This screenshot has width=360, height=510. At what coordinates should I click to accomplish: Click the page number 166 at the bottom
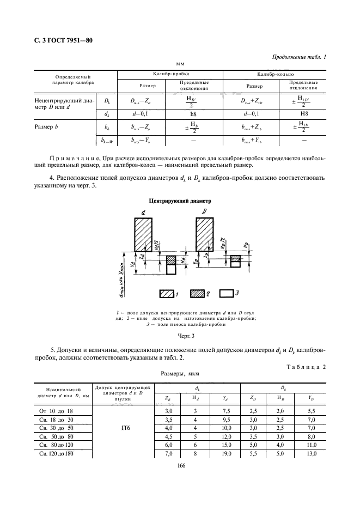(180, 465)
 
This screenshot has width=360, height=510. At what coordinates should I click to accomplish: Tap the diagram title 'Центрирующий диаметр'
(180, 201)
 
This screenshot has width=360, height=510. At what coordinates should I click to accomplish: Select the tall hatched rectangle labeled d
(143, 233)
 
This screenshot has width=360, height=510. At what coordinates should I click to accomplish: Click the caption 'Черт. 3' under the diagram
(180, 336)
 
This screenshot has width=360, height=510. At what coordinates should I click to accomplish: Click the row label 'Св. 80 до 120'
(56, 445)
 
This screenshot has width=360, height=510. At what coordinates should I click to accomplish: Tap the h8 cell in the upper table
(193, 114)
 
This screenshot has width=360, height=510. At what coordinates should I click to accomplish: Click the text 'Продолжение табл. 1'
(298, 57)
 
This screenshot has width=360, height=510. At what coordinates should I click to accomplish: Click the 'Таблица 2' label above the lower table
(306, 367)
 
